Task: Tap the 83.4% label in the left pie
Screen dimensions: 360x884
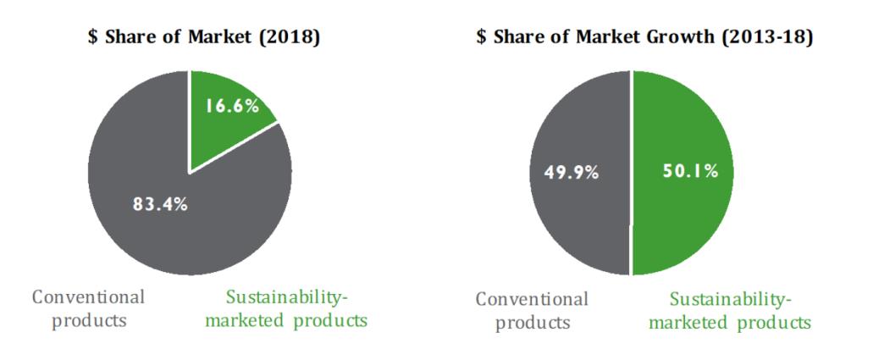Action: (x=160, y=204)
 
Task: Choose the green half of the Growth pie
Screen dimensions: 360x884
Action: (x=686, y=212)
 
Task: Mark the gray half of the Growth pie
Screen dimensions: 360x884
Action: (x=576, y=220)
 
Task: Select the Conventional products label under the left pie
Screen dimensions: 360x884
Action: (x=89, y=309)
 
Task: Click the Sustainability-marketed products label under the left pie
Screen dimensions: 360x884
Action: (x=287, y=309)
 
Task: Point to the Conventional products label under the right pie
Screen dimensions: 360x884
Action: (x=532, y=311)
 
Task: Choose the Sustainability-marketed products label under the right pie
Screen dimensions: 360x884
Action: (x=730, y=311)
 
